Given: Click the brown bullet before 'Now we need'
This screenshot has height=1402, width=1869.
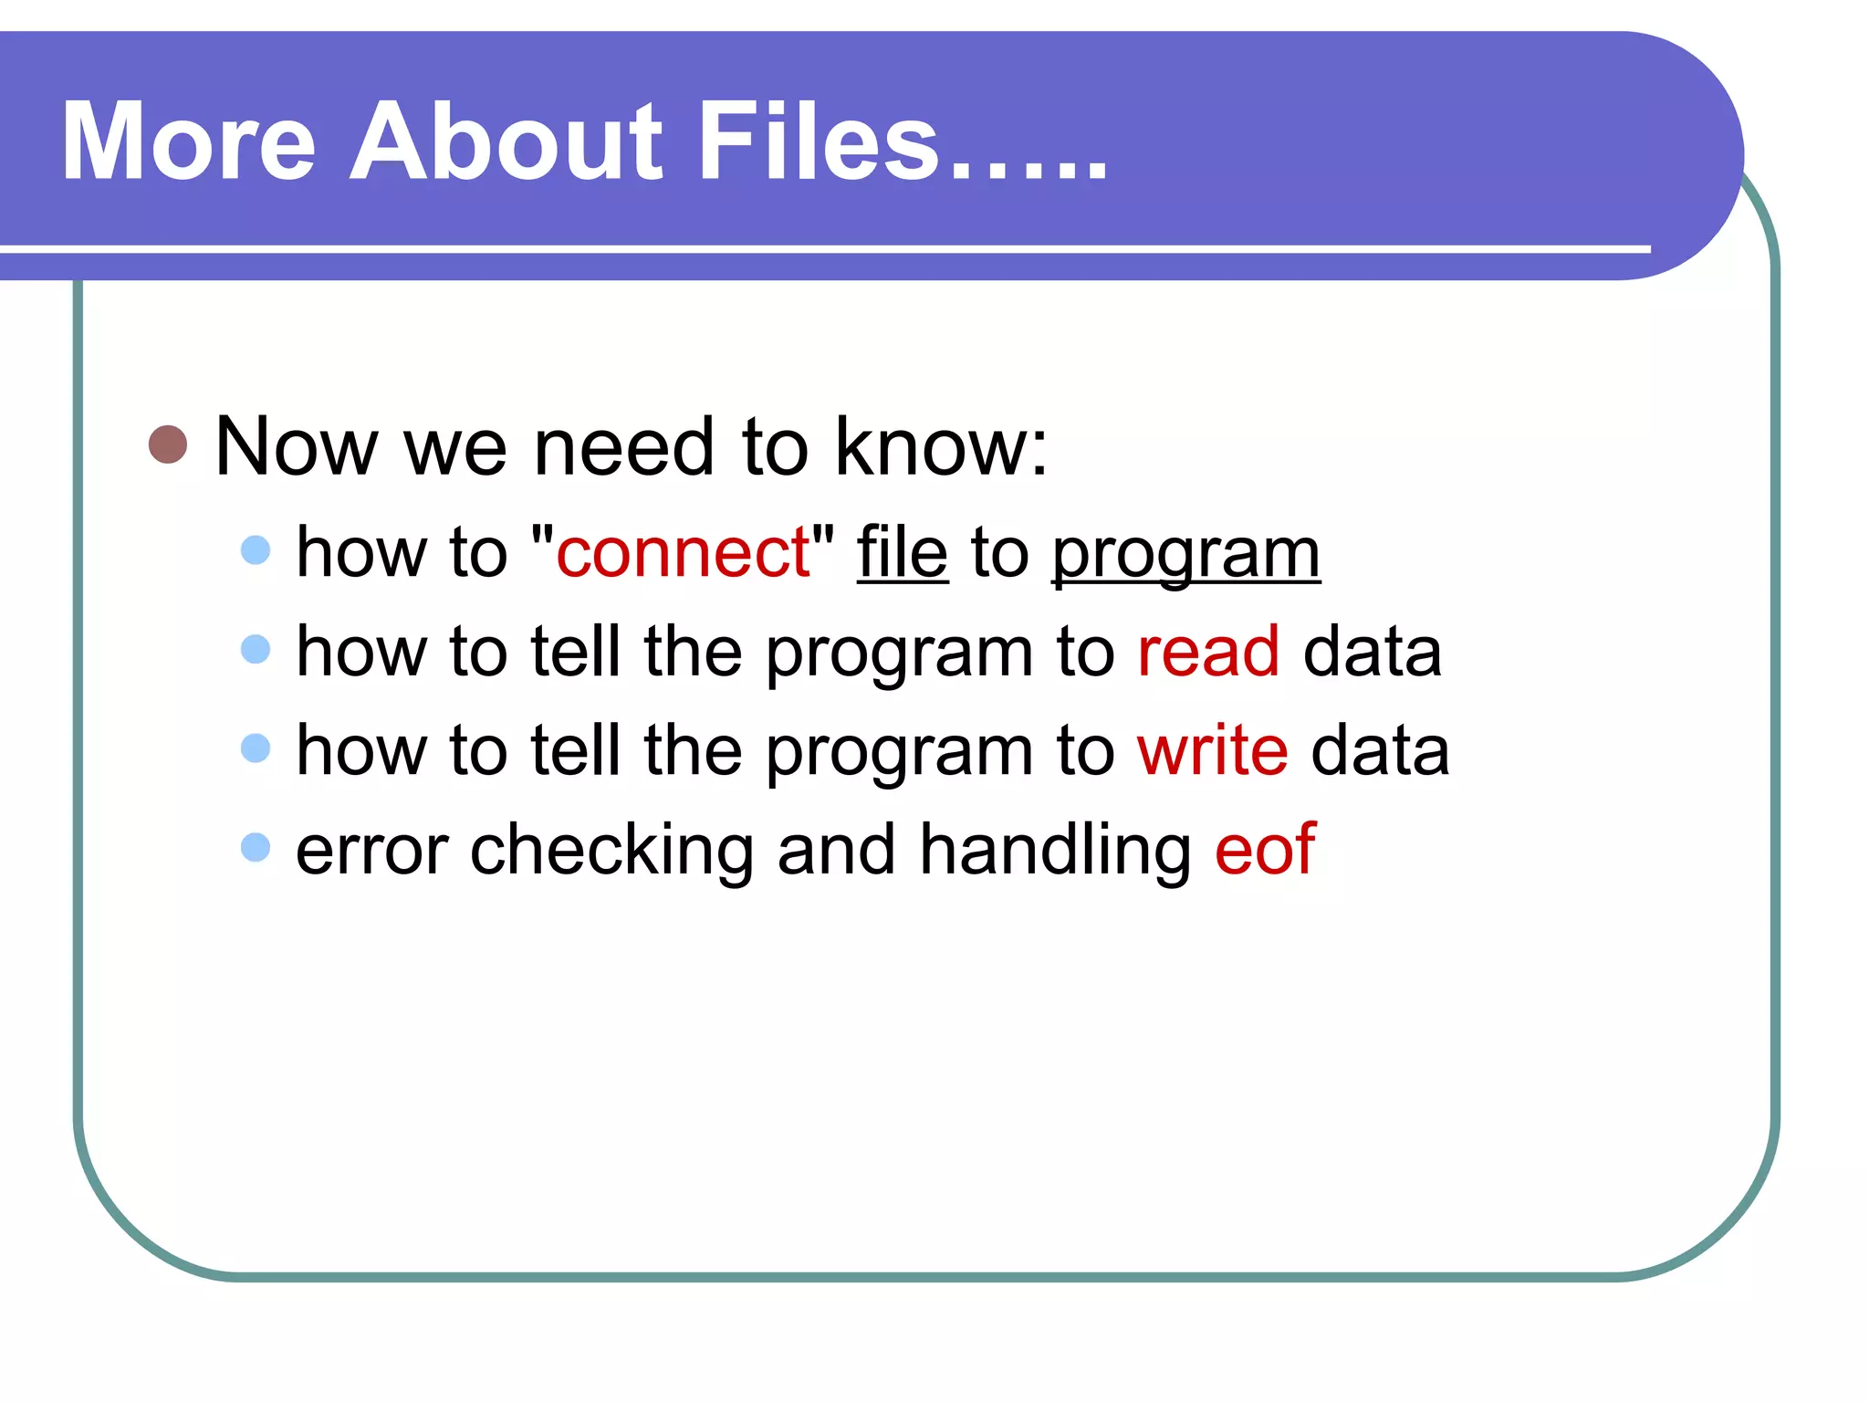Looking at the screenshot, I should coord(168,445).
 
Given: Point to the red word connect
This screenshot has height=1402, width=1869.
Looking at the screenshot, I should coord(683,553).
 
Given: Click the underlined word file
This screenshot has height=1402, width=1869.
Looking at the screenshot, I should coord(902,553).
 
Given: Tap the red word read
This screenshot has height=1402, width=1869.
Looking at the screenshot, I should coord(1208,652).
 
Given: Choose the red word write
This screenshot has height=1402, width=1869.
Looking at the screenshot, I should coord(1212,750).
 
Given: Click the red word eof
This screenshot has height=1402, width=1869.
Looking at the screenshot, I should coord(1265,850).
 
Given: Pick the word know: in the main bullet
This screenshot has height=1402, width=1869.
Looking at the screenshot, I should coord(942,446).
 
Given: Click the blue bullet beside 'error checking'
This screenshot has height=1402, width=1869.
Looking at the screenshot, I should coord(256,847).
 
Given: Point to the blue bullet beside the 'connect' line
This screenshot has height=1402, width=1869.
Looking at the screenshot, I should coord(256,549).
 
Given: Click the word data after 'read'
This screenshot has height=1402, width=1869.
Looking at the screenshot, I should coord(1372,652).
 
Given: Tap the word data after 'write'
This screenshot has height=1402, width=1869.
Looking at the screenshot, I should coord(1380,750).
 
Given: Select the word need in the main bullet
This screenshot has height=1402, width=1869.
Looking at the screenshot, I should coord(623,446).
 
